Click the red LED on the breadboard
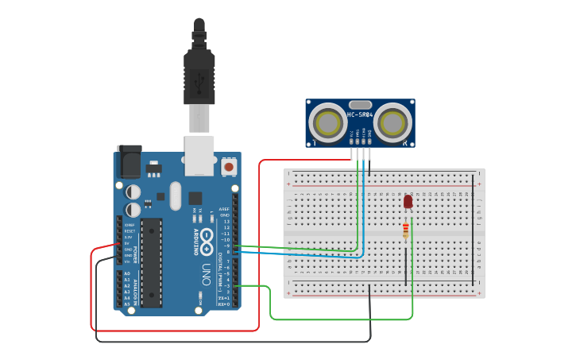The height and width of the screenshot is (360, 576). tap(408, 202)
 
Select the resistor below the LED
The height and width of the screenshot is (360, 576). tap(406, 230)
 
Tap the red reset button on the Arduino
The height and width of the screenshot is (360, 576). tap(229, 167)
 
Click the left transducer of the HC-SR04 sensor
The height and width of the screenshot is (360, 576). tap(327, 123)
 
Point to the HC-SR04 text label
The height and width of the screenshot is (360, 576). tap(360, 115)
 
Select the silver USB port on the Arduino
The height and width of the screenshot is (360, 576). tap(199, 155)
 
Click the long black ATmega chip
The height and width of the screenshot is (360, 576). tap(152, 262)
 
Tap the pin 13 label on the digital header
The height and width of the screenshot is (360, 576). tap(226, 222)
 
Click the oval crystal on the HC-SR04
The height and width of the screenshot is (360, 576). tap(360, 105)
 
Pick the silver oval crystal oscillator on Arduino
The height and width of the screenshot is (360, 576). tap(176, 196)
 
